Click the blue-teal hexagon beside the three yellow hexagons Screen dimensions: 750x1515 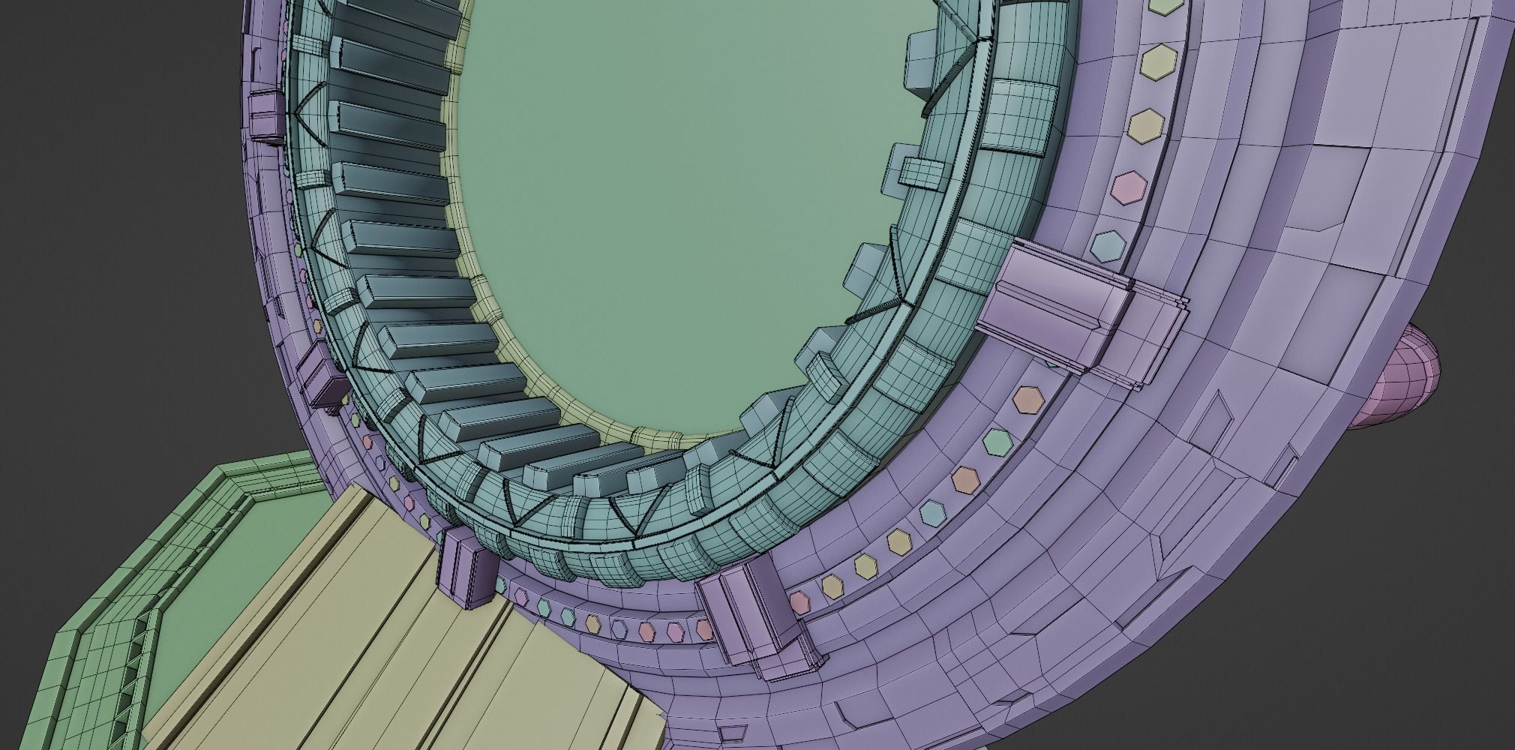pyautogui.click(x=933, y=512)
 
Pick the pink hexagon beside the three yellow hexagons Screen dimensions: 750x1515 pyautogui.click(x=800, y=600)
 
